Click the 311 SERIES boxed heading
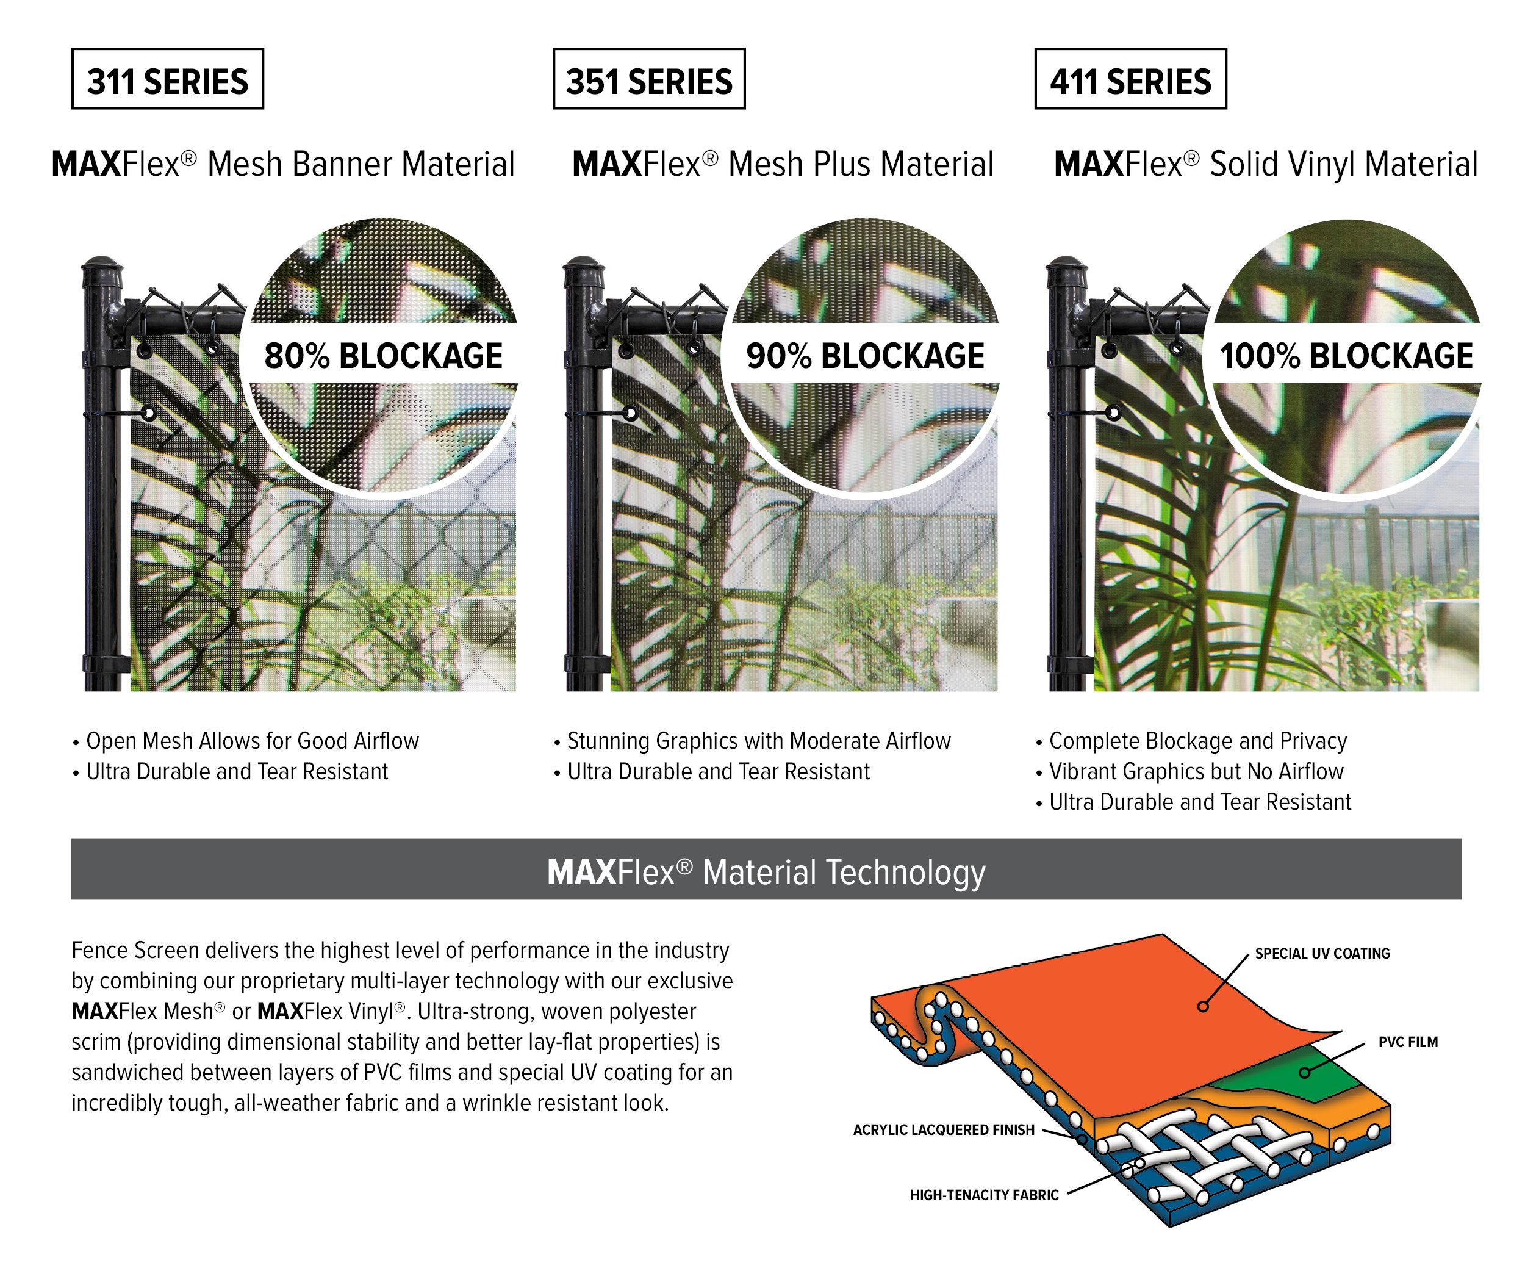tap(168, 79)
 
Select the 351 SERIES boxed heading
tap(649, 79)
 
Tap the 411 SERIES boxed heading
tap(1131, 79)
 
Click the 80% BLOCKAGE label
tap(384, 356)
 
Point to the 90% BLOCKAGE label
tap(865, 356)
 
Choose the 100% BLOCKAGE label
tap(1346, 356)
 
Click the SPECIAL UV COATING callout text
tap(1322, 954)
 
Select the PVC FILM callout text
tap(1408, 1042)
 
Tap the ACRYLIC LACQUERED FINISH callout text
tap(944, 1130)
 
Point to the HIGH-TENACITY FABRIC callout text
tap(985, 1195)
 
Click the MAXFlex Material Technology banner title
tap(766, 873)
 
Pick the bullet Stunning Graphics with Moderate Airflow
tap(752, 741)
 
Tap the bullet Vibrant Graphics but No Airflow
tap(1189, 771)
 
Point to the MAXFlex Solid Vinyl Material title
tap(1266, 164)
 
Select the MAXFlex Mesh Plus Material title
tap(783, 164)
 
